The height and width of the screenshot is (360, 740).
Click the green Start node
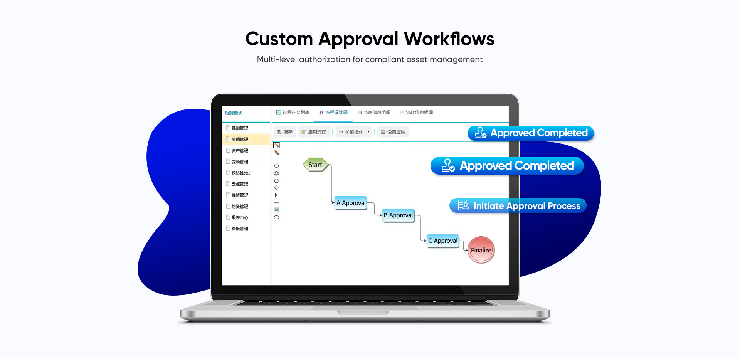click(x=315, y=165)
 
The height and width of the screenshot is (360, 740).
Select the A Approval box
click(x=351, y=203)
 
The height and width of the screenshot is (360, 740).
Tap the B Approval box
click(x=398, y=215)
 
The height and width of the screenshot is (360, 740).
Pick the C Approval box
click(x=443, y=241)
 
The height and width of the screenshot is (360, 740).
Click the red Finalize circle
click(x=481, y=250)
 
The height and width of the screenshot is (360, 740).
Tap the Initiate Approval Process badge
click(x=518, y=206)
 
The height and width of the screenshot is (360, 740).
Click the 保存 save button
click(x=285, y=132)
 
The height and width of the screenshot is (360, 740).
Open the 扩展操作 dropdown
click(x=354, y=132)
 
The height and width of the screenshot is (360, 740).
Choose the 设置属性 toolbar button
click(x=393, y=132)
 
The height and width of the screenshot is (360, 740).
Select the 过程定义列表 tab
click(x=293, y=113)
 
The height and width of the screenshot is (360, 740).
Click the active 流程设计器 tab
click(x=334, y=113)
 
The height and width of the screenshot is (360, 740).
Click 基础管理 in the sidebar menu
click(x=240, y=128)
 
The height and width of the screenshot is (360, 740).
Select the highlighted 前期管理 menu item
click(x=240, y=140)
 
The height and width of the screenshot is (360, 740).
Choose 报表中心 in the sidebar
click(x=240, y=218)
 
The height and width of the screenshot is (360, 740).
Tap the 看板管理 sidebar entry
click(x=240, y=229)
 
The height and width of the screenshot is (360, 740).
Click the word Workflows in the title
click(x=449, y=39)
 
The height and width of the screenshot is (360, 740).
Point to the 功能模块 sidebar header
click(x=234, y=113)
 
